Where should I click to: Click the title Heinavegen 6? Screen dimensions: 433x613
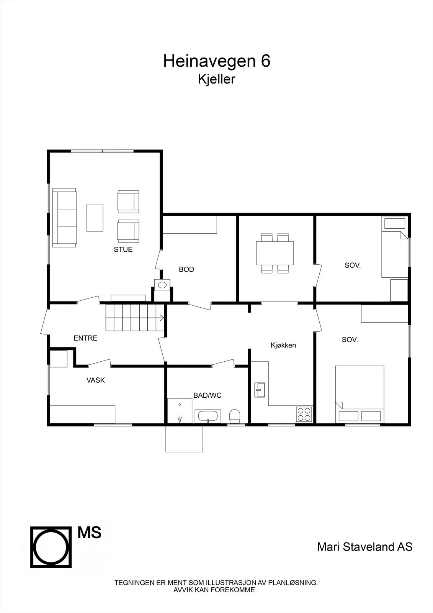217,61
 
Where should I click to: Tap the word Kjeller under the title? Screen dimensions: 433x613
216,79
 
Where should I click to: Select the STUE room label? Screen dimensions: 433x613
123,249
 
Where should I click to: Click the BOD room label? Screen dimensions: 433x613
186,269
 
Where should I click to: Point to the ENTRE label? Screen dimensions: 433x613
85,338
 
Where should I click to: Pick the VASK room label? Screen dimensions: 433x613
95,380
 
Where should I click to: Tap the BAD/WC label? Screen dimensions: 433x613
207,395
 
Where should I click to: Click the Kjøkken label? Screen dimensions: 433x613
283,345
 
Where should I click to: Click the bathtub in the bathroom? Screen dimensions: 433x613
208,416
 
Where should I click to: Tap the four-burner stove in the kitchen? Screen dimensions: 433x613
304,414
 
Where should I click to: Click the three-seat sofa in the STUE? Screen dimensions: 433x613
65,218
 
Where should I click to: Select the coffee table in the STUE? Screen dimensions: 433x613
95,218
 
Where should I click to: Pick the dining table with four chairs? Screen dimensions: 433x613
275,253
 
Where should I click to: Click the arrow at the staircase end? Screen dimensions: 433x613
162,318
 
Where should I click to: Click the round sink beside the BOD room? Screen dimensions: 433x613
162,285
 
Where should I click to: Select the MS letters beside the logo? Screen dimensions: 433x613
90,533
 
